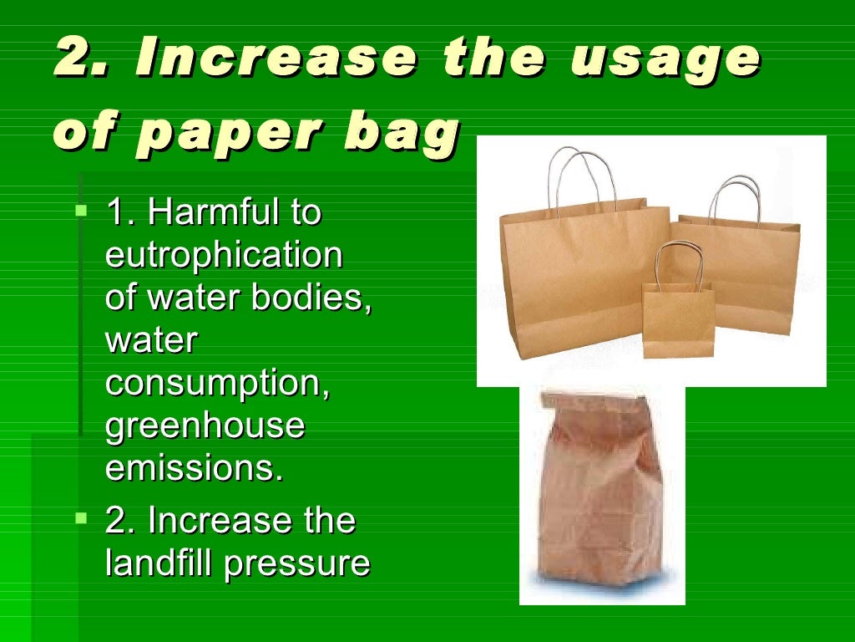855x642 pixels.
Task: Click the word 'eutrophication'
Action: click(x=224, y=256)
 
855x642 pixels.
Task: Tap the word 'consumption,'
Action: click(x=218, y=383)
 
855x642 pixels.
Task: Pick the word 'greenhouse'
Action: click(x=205, y=425)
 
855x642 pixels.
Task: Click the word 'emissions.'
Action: click(x=195, y=467)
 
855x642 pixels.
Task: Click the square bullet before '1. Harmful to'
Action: click(x=80, y=210)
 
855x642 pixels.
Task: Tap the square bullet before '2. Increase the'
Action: click(x=80, y=518)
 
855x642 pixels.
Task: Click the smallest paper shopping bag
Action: click(x=678, y=318)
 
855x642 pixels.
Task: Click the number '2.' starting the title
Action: click(x=78, y=59)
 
